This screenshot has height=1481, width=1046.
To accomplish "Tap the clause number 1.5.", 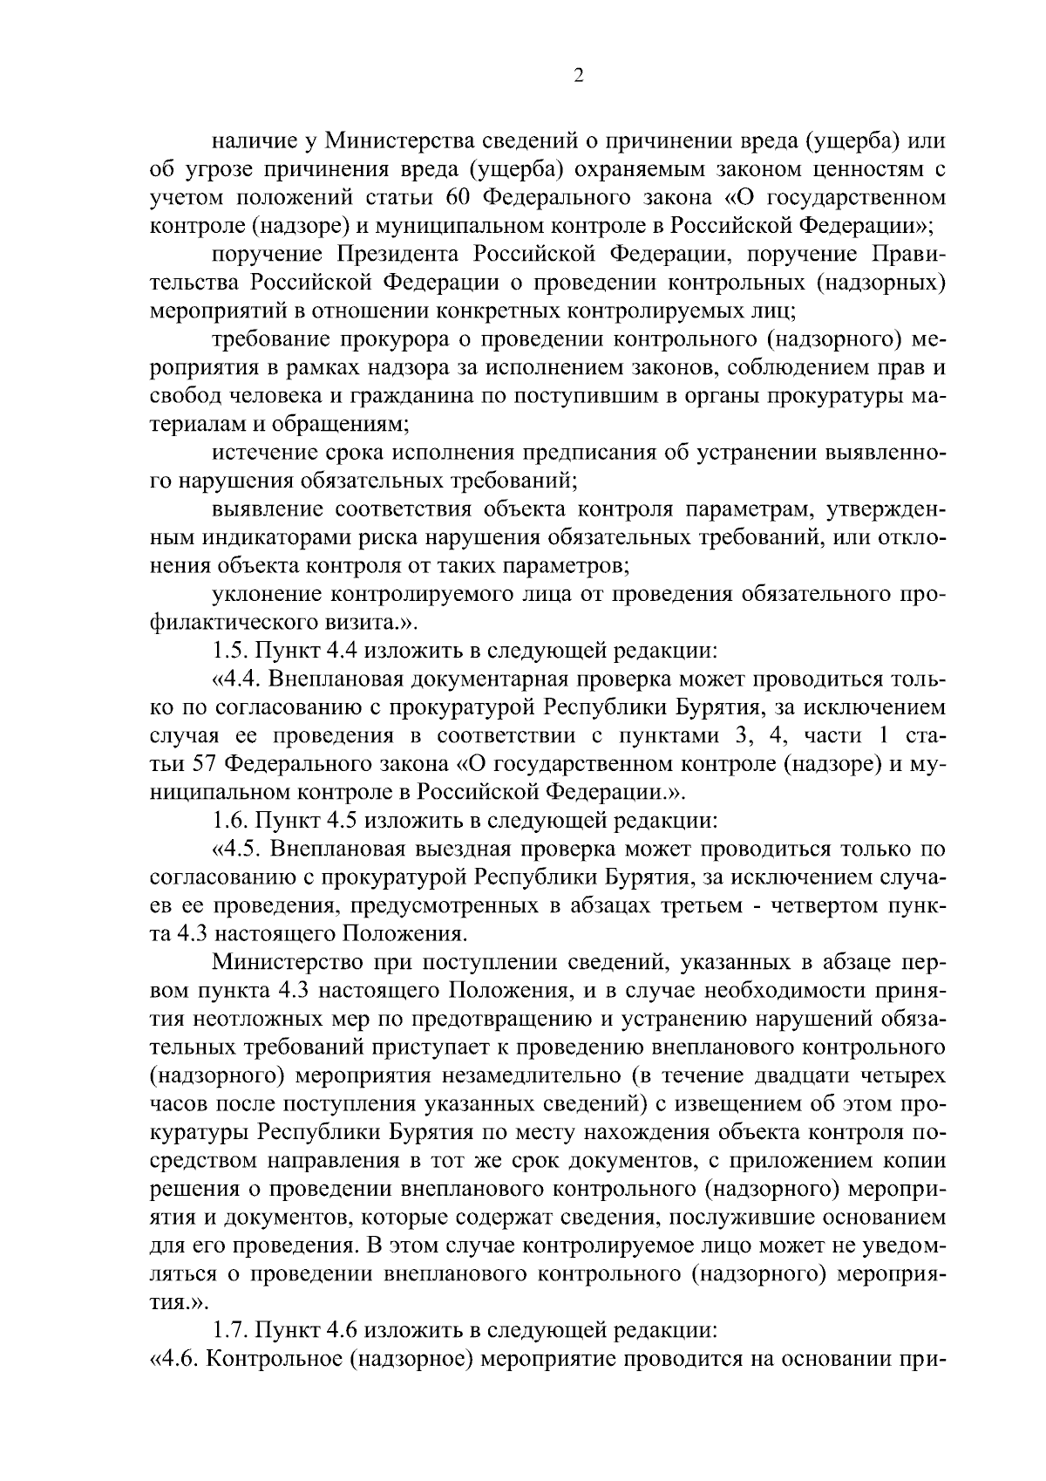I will coord(229,651).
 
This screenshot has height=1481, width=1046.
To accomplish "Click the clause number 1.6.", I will coord(229,820).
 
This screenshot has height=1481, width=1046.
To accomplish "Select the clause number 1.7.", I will coord(229,1331).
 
